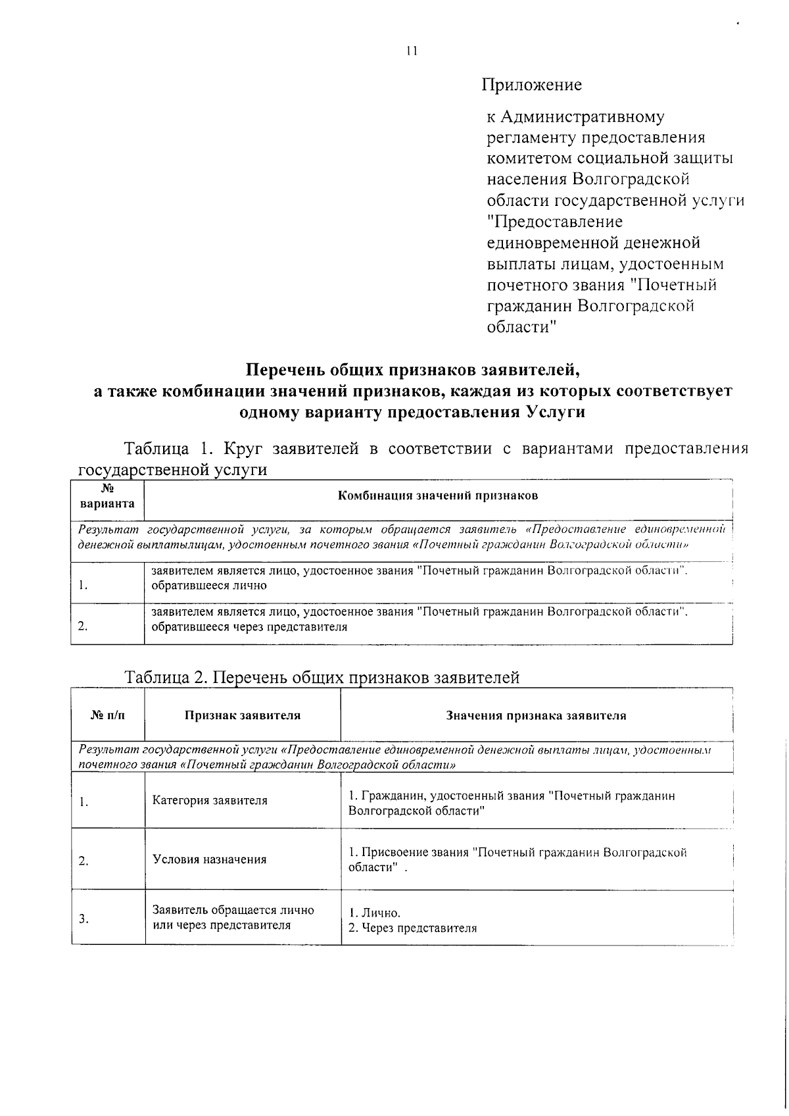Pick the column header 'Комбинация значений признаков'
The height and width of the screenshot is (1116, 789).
click(x=437, y=495)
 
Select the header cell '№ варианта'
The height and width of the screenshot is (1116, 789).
click(x=107, y=496)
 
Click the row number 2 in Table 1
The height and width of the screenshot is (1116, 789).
click(x=82, y=626)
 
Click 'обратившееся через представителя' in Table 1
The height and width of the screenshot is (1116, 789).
click(x=249, y=627)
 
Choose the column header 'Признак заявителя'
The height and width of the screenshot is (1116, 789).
click(x=242, y=715)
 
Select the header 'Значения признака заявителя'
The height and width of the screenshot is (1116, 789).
click(x=536, y=715)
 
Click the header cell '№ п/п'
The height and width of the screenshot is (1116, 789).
click(x=107, y=715)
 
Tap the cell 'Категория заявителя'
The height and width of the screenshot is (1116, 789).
click(x=210, y=801)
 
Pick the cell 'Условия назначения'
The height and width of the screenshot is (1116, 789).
click(x=209, y=859)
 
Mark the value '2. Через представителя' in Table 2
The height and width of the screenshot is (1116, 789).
click(x=412, y=928)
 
